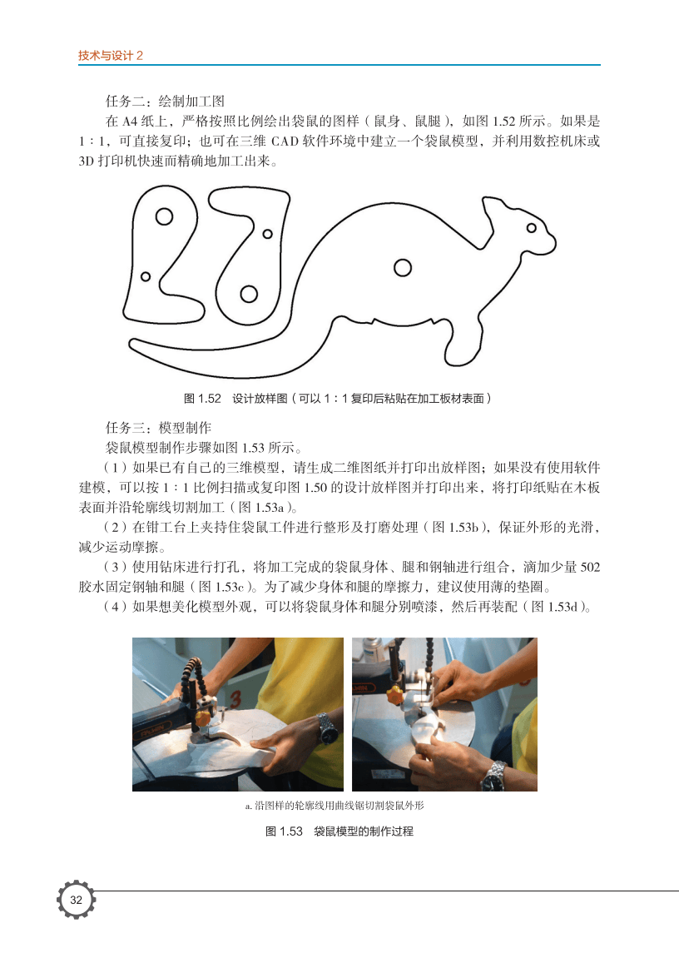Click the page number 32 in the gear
tap(76, 900)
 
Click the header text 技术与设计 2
tap(111, 55)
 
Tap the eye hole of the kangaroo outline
tap(531, 228)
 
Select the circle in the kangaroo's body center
tap(403, 267)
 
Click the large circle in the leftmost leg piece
tap(164, 216)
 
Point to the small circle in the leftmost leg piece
tap(146, 276)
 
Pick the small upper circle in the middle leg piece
tap(267, 234)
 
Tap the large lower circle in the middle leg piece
tap(249, 294)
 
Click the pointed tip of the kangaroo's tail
tap(130, 344)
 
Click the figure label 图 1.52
tap(202, 399)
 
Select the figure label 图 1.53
tap(284, 831)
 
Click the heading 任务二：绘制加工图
tap(166, 101)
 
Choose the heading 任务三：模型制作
tap(159, 428)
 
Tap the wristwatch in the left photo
tap(327, 730)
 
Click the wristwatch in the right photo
tap(495, 775)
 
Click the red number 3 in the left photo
tap(235, 699)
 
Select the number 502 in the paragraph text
tap(590, 568)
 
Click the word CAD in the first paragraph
tap(285, 141)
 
